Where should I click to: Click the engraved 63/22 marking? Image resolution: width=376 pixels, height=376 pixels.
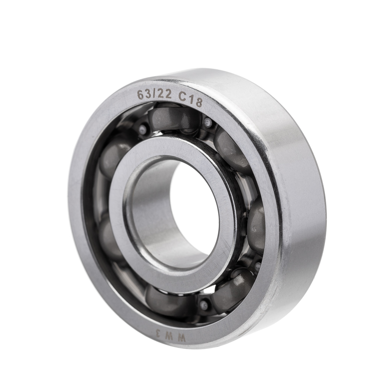click(x=154, y=94)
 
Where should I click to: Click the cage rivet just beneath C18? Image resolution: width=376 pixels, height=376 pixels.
click(x=208, y=123)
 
